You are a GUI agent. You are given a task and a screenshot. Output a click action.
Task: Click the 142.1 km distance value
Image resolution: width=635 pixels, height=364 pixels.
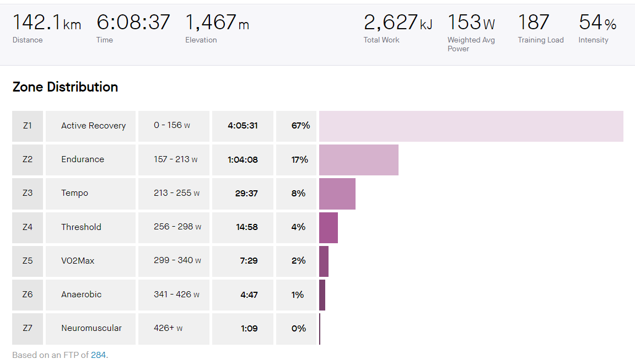click(x=46, y=23)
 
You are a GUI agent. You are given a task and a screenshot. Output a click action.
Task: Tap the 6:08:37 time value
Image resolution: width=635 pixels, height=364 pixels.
click(x=133, y=23)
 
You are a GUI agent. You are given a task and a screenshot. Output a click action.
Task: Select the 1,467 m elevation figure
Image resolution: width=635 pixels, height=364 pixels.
click(x=217, y=23)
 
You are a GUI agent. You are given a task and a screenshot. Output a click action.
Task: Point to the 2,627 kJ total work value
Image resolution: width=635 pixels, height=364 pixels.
click(x=397, y=23)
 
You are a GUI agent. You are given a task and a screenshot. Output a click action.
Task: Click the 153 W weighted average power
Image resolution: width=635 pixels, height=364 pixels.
click(x=471, y=23)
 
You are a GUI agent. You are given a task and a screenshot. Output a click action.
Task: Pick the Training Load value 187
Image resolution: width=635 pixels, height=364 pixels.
click(x=533, y=23)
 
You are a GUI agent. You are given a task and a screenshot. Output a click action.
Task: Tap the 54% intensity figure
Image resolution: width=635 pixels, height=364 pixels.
click(x=597, y=23)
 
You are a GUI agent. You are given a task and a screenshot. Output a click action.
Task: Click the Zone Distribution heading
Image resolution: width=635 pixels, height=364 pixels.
click(x=65, y=87)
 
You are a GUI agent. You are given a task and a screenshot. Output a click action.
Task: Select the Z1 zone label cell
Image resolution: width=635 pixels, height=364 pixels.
click(x=28, y=126)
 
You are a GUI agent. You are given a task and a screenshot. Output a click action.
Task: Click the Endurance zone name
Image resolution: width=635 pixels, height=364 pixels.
click(x=83, y=159)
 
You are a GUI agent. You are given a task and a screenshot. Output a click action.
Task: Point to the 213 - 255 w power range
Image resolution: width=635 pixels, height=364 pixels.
click(x=176, y=193)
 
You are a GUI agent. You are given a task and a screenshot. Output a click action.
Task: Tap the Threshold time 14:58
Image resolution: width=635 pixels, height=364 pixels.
click(x=243, y=227)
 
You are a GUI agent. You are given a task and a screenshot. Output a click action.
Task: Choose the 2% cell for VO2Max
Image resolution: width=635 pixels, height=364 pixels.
click(x=298, y=261)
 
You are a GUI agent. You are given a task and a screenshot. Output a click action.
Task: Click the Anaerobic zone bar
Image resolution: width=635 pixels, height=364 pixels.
click(x=322, y=295)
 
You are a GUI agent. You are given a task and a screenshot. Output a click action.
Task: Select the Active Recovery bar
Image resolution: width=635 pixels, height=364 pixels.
click(x=471, y=126)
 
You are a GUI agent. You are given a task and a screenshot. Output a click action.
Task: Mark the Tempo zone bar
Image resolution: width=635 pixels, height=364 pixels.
click(x=337, y=194)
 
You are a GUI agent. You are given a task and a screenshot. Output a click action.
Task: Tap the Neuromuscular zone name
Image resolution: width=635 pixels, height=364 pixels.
click(x=92, y=328)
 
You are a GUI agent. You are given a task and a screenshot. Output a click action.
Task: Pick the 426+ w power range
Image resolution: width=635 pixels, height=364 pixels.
click(x=168, y=328)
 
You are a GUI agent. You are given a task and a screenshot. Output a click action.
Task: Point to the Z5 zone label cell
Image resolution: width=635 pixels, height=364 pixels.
click(x=28, y=261)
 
